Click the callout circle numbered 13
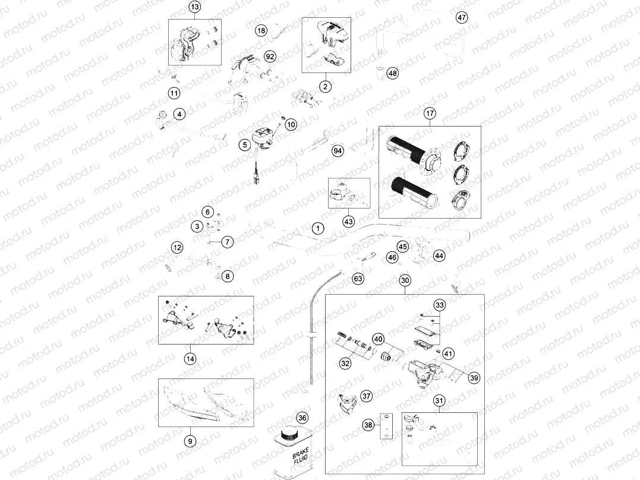coord(194,7)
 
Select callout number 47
coord(462,17)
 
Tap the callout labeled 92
coord(270,56)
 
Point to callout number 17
coord(430,113)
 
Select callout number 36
coord(302,418)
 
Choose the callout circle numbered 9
coord(190,441)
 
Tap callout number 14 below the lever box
coord(190,358)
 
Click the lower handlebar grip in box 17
coord(413,191)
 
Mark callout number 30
coord(405,280)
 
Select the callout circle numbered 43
coord(348,221)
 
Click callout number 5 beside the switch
coord(244,144)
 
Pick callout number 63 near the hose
coord(358,278)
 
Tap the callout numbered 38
coord(368,425)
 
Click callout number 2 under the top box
coord(325,87)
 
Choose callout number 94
coord(338,151)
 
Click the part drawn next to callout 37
coord(345,405)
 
